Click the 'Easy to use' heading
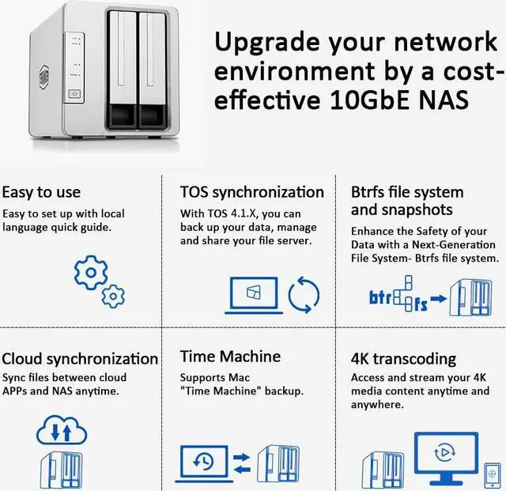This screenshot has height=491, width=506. click(x=41, y=192)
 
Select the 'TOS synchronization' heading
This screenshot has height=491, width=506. click(x=251, y=192)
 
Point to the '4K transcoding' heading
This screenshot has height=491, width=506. click(x=403, y=358)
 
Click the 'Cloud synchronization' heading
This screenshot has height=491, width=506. click(x=80, y=358)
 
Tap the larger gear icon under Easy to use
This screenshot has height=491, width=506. click(x=91, y=274)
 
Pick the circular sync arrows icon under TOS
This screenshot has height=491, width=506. click(x=304, y=295)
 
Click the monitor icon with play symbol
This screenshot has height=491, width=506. click(x=445, y=455)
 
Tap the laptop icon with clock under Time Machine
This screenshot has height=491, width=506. click(x=208, y=461)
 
